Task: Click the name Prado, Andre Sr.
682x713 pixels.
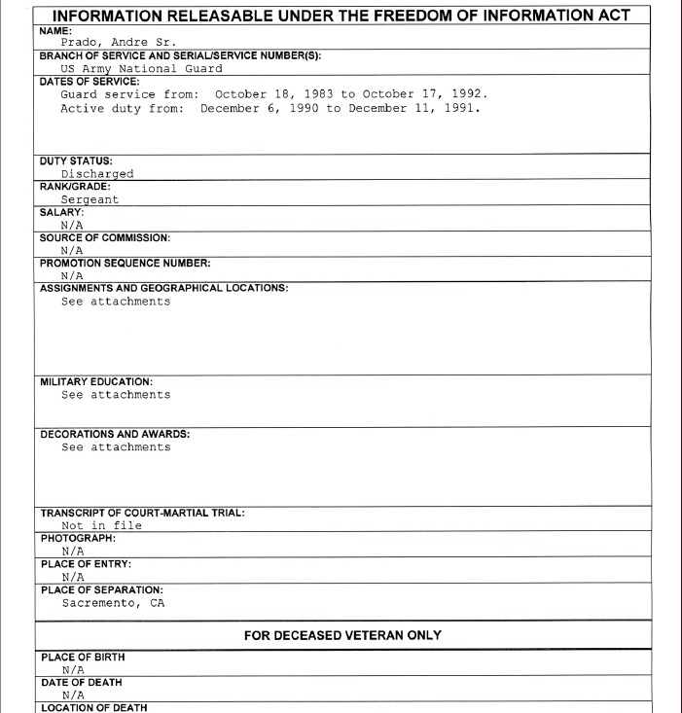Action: tap(118, 42)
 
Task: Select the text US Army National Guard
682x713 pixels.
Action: tap(142, 68)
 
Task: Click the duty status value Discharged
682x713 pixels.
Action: tap(97, 174)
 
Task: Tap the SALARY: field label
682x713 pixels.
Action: tap(61, 211)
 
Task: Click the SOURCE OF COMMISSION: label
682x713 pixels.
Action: tap(105, 237)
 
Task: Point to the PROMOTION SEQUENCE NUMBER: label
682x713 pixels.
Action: tap(125, 263)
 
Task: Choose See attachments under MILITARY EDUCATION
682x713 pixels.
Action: tap(116, 395)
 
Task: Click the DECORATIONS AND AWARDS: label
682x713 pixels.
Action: tap(115, 434)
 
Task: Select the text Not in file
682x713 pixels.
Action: tap(101, 525)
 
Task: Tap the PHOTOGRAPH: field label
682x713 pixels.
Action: tap(78, 537)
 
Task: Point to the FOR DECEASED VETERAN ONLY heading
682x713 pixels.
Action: tap(342, 635)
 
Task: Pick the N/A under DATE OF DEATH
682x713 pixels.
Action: tap(72, 695)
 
